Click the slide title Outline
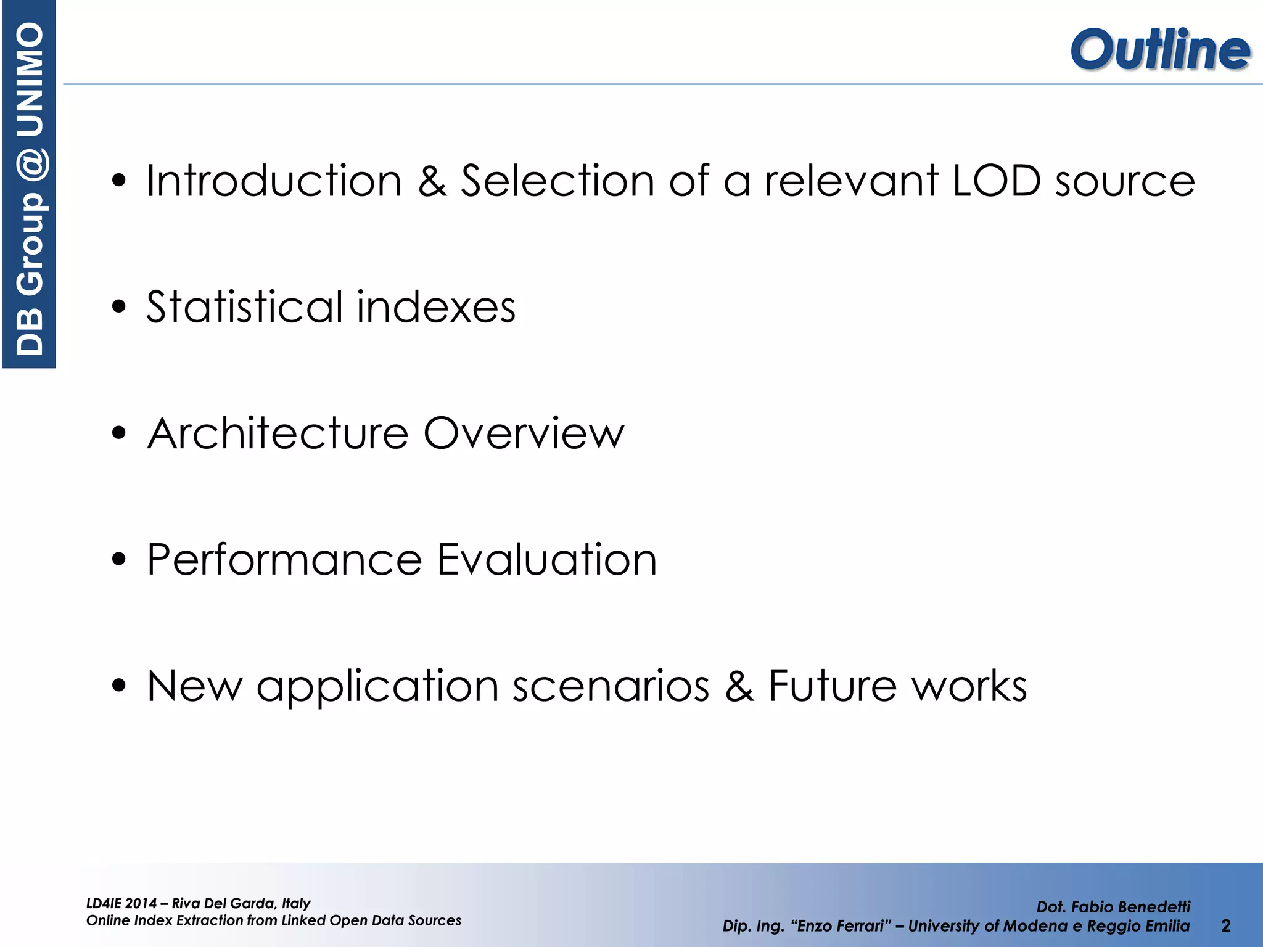click(1160, 49)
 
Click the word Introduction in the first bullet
click(274, 181)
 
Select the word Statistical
click(244, 307)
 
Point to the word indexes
click(435, 307)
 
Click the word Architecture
click(278, 433)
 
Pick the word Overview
click(524, 433)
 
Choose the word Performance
click(284, 560)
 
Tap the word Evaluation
click(547, 560)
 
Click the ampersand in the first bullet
click(432, 181)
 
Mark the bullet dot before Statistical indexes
click(119, 307)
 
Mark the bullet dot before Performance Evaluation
click(119, 560)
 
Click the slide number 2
click(1225, 925)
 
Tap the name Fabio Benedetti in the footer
click(1130, 907)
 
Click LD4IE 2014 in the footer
click(121, 904)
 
